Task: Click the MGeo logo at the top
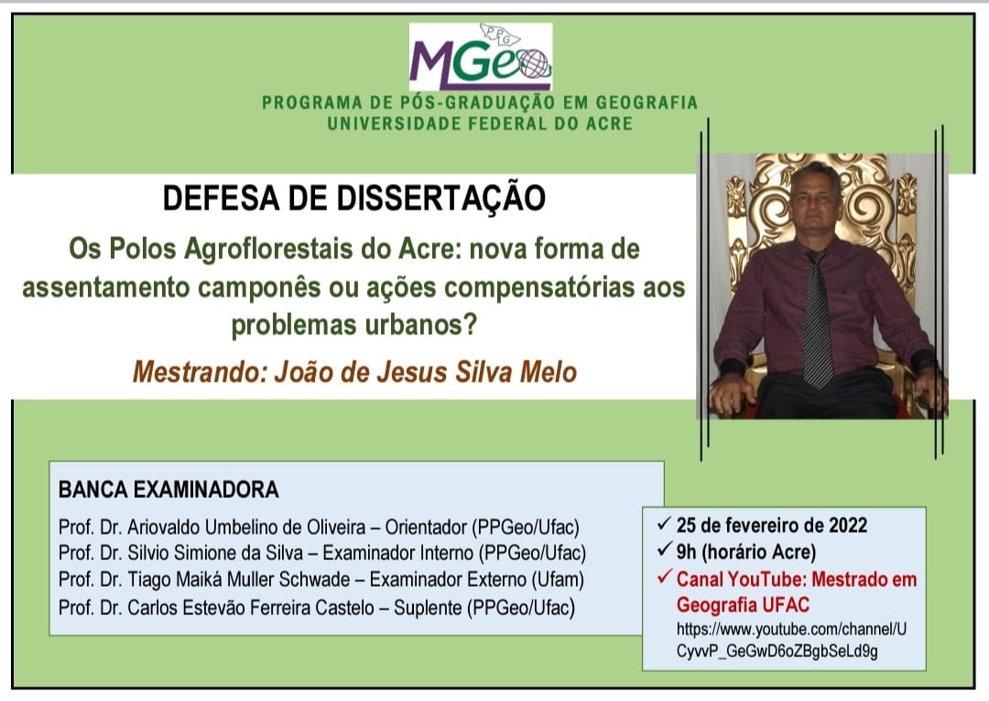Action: [481, 57]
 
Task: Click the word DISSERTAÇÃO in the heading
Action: [440, 198]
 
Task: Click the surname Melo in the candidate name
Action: [549, 372]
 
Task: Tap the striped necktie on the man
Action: [817, 319]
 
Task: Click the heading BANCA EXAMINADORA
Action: [168, 490]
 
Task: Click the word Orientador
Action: [426, 527]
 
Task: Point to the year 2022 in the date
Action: [848, 525]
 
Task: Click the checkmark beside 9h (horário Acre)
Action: [664, 550]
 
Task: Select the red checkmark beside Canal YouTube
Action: [664, 577]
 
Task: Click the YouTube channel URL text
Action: [791, 640]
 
